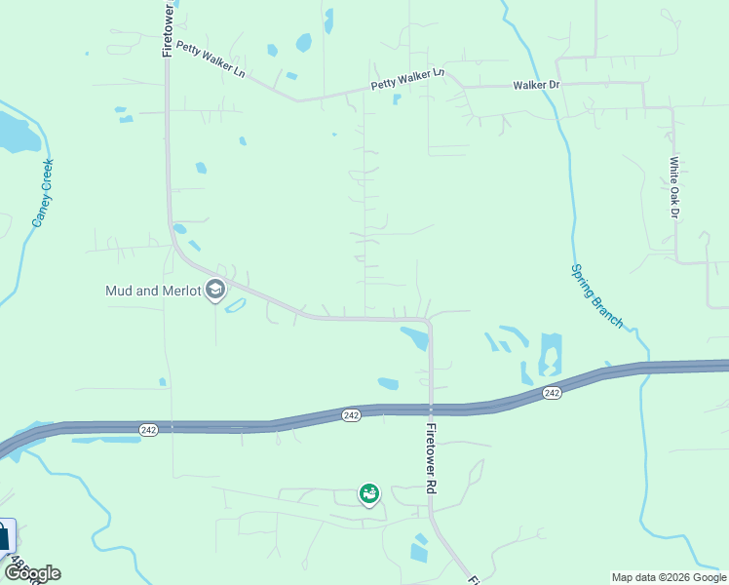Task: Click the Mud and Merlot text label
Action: point(153,291)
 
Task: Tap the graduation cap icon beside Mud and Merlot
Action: point(215,290)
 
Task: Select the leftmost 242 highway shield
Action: point(148,429)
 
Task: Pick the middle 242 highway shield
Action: point(352,415)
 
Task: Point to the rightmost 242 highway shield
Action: point(552,392)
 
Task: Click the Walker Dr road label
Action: point(536,85)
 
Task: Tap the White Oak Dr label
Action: point(672,187)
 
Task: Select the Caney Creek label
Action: point(42,193)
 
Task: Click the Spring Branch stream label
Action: point(595,295)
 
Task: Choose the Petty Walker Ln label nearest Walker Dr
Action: point(407,79)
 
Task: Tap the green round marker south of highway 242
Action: point(369,495)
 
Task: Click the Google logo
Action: point(31,573)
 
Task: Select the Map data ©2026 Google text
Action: point(669,577)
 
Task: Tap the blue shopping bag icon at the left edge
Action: point(5,535)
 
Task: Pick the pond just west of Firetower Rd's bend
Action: point(415,337)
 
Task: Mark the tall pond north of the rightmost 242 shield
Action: point(551,353)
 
